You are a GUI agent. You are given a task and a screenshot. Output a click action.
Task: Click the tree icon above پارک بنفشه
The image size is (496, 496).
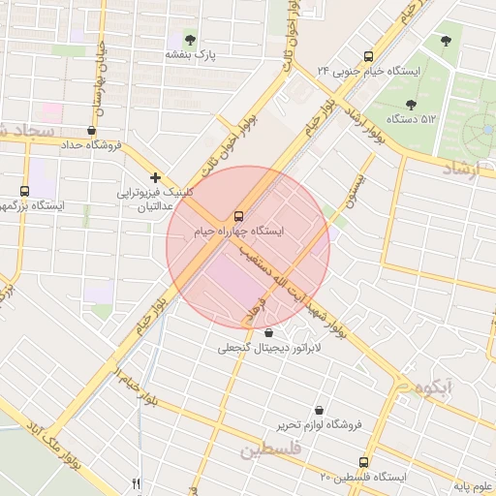coord(190,40)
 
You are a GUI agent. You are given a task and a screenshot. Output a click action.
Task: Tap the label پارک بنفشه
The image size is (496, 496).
coord(189,56)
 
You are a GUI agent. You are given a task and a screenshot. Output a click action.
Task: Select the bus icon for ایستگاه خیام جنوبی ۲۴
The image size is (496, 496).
coord(367,56)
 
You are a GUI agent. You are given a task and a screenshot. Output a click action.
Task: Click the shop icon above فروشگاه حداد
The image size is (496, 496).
coord(91,130)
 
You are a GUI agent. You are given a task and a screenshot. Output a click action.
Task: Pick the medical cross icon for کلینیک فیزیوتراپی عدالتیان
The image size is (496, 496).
coord(155,177)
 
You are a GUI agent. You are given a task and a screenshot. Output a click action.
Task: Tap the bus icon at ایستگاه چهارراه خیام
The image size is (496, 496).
coord(238,215)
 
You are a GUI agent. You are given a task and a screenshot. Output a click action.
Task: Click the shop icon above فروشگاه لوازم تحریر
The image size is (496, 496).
coord(320,410)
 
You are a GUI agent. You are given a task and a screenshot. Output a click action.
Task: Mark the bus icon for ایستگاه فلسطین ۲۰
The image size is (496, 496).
coord(364,462)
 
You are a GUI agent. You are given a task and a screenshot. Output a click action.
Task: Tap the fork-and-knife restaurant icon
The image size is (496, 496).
coord(137,484)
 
